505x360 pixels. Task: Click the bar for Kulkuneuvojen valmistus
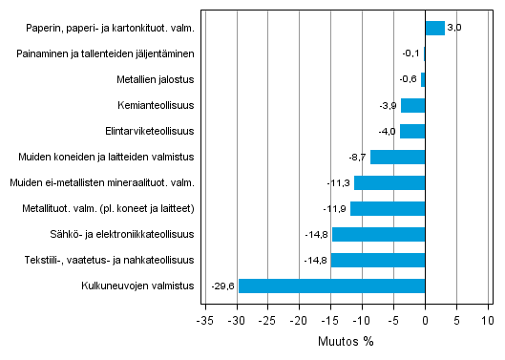pos(331,286)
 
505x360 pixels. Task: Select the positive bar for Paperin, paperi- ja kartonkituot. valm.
pos(434,28)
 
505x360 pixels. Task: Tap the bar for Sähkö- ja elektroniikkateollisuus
pos(378,234)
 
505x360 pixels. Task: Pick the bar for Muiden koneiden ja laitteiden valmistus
pos(397,157)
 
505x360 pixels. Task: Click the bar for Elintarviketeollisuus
pos(411,131)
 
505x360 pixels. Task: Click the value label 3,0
pos(454,28)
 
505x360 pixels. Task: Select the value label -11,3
pos(340,182)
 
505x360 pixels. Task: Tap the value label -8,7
pos(358,157)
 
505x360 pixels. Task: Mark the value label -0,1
pos(410,53)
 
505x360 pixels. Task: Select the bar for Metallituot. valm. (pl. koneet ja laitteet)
pos(388,208)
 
